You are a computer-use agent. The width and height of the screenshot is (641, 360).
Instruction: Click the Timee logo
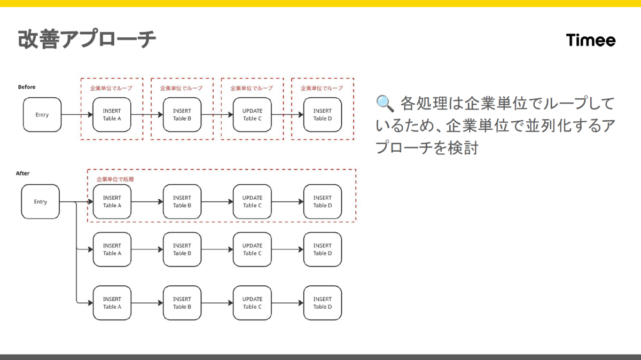point(591,40)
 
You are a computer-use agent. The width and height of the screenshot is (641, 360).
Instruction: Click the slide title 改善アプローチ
point(87,38)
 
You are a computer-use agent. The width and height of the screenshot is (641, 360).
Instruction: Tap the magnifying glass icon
point(385,103)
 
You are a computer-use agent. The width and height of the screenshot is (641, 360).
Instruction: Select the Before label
point(27,87)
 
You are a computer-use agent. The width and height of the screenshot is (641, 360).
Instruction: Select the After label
point(22,173)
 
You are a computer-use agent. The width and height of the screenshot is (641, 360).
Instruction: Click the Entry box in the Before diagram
point(42,115)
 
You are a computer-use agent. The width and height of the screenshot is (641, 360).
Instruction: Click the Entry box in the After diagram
point(41,202)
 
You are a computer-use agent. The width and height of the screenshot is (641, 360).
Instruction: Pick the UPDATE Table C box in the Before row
point(252,115)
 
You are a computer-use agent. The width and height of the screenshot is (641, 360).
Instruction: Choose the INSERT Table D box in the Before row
point(323,115)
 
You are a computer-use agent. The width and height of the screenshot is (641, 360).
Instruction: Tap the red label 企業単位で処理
point(115,179)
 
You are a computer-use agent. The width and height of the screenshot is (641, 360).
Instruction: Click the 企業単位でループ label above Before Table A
point(111,88)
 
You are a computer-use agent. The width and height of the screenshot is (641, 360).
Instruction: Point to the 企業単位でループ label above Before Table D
point(322,88)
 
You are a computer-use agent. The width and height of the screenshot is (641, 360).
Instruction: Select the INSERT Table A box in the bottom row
point(112,303)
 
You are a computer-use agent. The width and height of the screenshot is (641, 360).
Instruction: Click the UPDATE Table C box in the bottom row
point(252,303)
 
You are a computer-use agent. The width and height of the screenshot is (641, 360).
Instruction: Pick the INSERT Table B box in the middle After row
point(182,249)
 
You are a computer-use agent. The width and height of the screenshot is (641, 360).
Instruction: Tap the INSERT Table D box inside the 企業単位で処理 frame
point(323,202)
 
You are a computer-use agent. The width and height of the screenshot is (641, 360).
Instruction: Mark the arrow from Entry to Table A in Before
point(77,115)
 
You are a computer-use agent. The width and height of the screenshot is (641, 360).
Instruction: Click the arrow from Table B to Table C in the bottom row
point(217,303)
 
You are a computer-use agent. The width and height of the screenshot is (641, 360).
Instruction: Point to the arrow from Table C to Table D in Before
point(287,115)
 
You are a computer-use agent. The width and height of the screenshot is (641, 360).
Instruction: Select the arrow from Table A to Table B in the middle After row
point(147,249)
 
